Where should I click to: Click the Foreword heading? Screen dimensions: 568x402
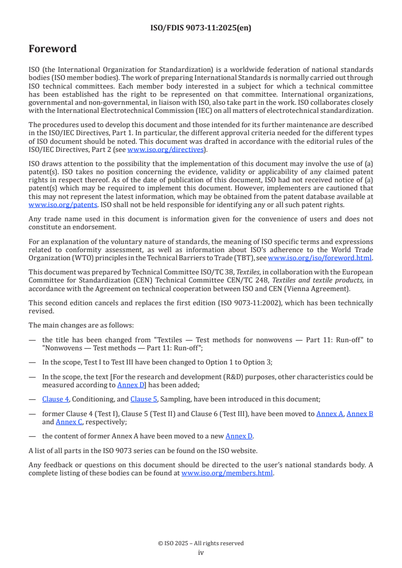coord(53,49)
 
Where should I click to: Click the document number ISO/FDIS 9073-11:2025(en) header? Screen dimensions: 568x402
coord(201,28)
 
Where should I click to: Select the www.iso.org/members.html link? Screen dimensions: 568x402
coord(227,473)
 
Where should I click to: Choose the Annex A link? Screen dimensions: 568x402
coord(330,414)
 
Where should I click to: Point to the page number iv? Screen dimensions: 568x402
coord(201,553)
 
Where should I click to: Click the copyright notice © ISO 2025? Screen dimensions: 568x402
coord(201,543)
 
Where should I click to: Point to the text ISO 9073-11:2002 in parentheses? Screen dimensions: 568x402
coord(263,303)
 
